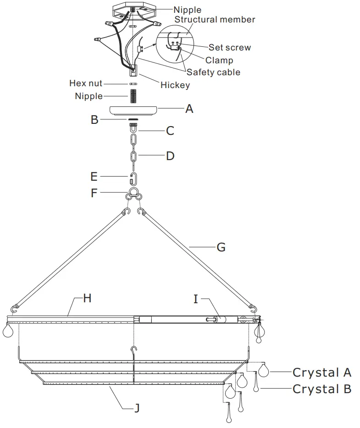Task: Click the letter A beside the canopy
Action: click(x=189, y=109)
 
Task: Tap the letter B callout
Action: click(x=94, y=120)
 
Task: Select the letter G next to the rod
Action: click(x=221, y=247)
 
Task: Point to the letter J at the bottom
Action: click(x=137, y=408)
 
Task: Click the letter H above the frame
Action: click(x=87, y=299)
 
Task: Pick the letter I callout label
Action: click(x=196, y=299)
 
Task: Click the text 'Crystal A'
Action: click(x=322, y=372)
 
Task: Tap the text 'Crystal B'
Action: click(x=322, y=389)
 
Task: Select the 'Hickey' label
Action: click(x=175, y=85)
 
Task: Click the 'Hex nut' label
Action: click(x=86, y=83)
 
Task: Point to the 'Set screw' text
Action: click(x=230, y=47)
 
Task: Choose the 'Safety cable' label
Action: click(x=213, y=72)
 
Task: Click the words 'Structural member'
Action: click(x=215, y=20)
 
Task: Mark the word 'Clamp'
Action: click(x=219, y=60)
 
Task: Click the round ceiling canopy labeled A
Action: click(x=133, y=111)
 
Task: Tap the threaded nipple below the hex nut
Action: click(x=133, y=96)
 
